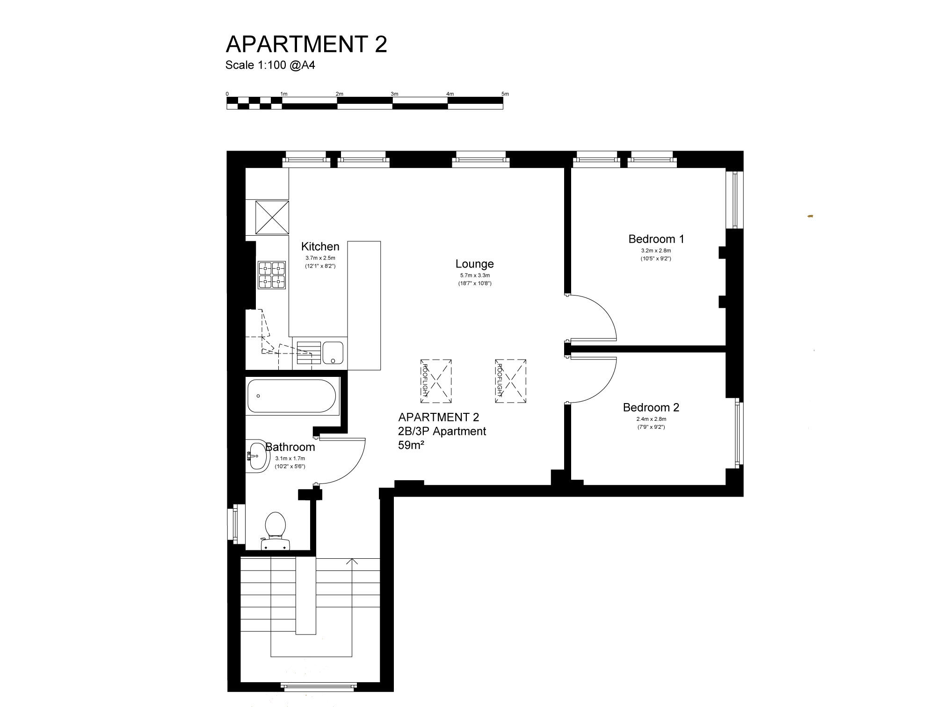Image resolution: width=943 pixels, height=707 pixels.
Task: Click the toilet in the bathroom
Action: click(x=276, y=531)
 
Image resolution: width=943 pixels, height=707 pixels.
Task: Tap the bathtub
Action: click(x=291, y=396)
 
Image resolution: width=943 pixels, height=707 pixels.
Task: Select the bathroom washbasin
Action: click(x=257, y=454)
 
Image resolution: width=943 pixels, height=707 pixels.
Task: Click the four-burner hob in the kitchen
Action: click(x=272, y=274)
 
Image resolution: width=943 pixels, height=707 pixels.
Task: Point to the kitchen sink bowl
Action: click(x=333, y=353)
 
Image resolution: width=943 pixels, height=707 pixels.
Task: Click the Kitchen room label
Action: click(x=320, y=246)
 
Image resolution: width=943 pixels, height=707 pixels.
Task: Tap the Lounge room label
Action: click(x=475, y=264)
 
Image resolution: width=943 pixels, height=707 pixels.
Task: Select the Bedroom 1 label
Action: click(x=656, y=239)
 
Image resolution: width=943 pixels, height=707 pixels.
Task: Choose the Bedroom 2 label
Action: click(x=651, y=407)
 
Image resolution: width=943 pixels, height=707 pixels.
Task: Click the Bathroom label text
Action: click(x=290, y=447)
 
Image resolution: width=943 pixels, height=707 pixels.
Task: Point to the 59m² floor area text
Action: click(x=411, y=445)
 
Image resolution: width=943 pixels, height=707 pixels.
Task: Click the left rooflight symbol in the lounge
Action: click(x=436, y=381)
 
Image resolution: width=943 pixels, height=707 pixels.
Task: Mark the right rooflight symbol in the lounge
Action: click(x=511, y=381)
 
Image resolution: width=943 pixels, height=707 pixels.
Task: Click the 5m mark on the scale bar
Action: click(x=505, y=94)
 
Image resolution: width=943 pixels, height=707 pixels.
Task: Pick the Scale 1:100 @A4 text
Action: click(x=270, y=65)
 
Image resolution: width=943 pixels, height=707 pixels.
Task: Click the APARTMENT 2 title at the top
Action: click(x=306, y=44)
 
